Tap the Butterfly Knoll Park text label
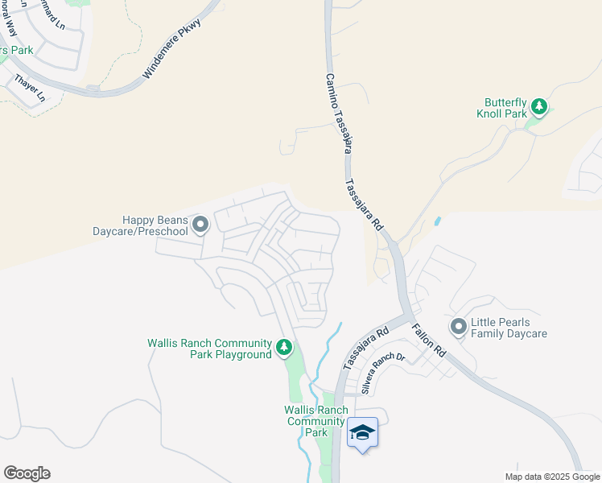tap(505, 108)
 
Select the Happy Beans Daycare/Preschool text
tap(155, 225)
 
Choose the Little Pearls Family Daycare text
tap(509, 328)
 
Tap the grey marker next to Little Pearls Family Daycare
tap(459, 327)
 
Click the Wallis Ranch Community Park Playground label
tap(209, 349)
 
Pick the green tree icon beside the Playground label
tap(283, 348)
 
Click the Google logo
tap(27, 473)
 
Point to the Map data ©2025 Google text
tap(552, 477)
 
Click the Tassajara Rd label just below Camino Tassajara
tap(364, 204)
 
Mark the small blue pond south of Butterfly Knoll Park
tap(437, 221)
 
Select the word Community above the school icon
tap(315, 421)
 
